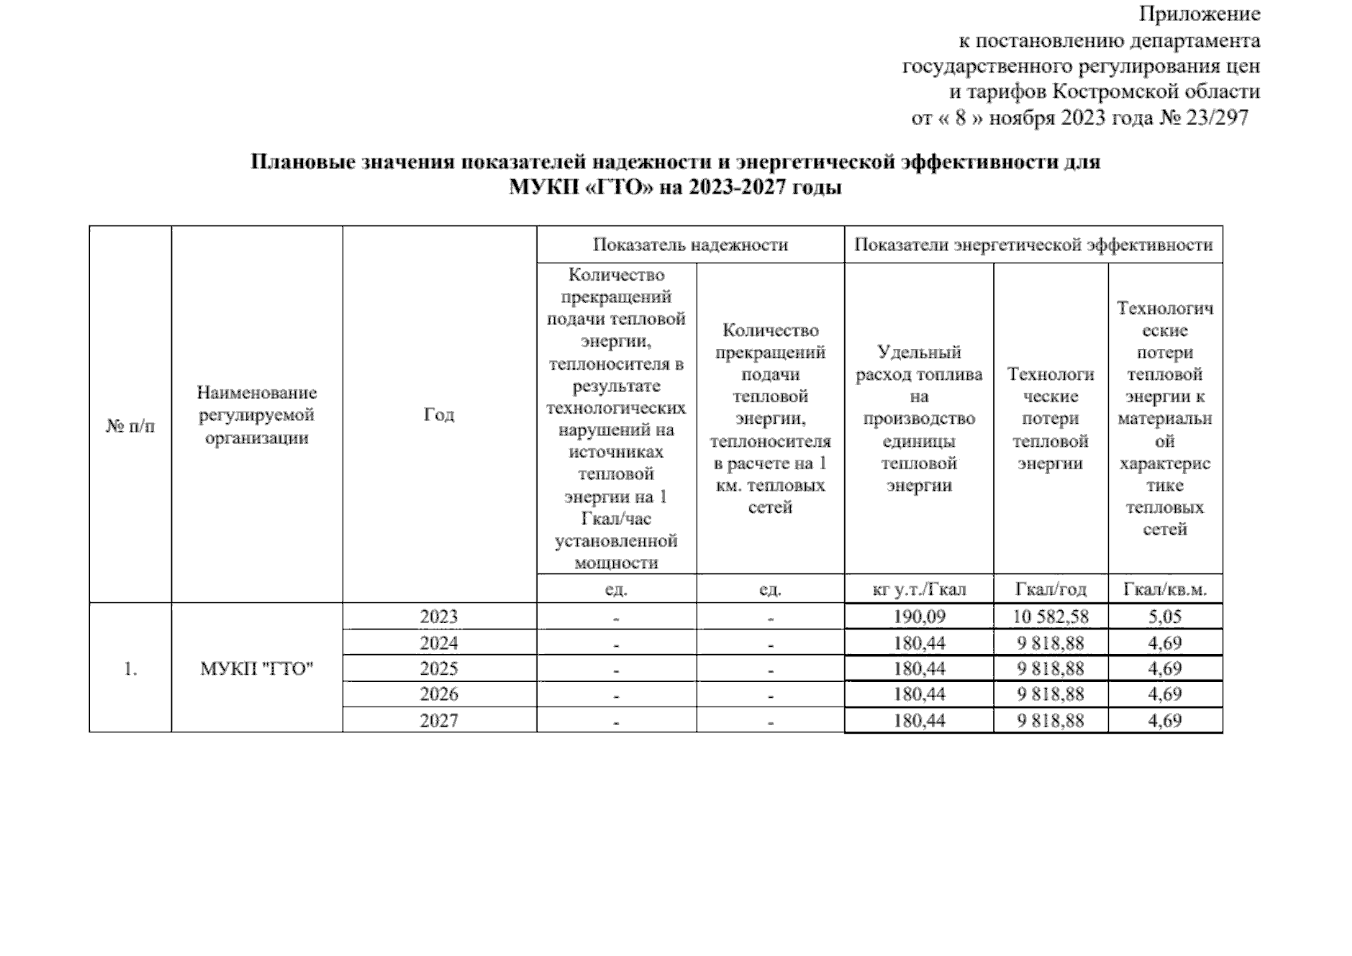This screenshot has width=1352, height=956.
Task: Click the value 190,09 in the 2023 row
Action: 919,617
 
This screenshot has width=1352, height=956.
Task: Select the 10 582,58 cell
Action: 1051,617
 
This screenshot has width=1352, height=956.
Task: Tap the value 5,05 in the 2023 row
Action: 1165,617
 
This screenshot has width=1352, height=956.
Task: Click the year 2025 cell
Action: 439,668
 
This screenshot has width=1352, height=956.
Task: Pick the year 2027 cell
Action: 439,720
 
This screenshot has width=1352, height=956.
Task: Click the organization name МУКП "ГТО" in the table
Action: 257,668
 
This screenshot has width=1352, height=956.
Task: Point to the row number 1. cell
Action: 130,668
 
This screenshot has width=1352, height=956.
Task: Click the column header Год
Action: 439,414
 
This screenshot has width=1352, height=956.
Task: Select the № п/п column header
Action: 130,426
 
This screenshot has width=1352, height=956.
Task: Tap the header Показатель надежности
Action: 690,245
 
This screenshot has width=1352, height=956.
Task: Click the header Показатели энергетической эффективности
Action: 1033,245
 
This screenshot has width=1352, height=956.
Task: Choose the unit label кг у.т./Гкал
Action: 919,590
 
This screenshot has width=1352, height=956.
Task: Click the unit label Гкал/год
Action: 1051,590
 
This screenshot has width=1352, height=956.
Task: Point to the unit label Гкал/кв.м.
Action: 1165,590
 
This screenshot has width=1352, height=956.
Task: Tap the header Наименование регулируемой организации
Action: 257,415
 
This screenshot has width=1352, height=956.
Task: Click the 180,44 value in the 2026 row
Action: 919,694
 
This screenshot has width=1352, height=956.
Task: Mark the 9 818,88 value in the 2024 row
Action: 1051,643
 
